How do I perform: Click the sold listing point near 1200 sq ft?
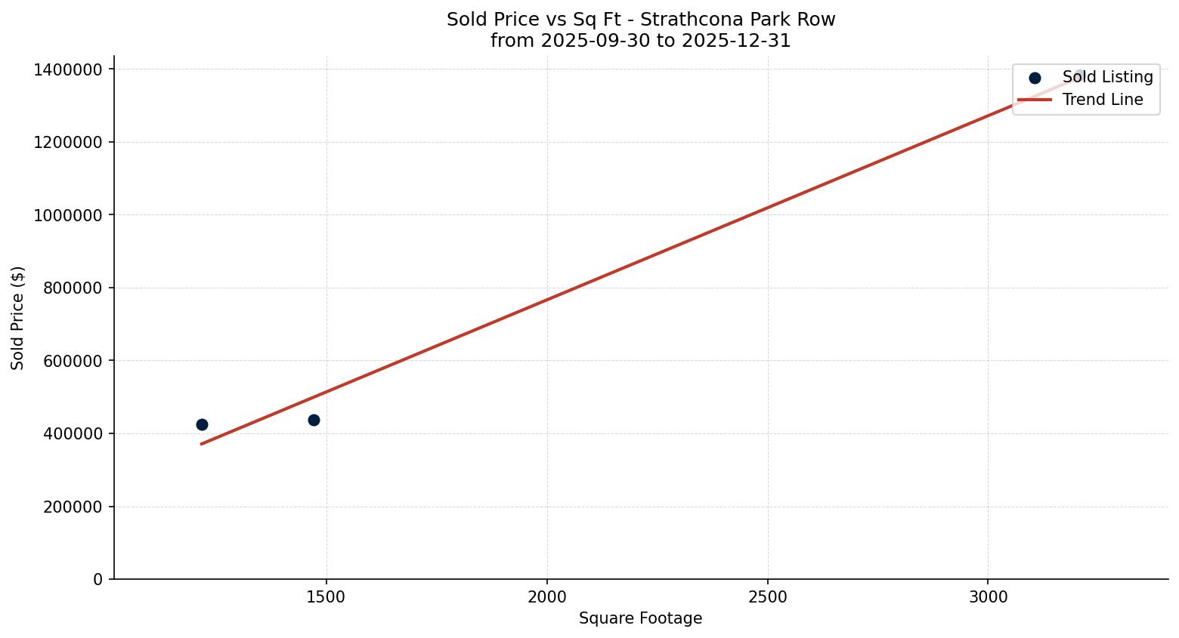202,424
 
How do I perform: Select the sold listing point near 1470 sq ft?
314,420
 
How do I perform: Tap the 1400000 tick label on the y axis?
68,69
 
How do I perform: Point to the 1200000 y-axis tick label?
68,142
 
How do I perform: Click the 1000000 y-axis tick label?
68,215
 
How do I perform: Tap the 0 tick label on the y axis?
97,579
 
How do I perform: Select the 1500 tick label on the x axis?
326,597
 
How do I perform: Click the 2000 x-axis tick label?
547,597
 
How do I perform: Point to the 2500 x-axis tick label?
768,597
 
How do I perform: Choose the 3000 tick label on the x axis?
988,597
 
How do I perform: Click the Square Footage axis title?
640,618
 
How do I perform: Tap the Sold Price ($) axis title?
18,318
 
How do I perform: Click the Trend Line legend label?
1103,100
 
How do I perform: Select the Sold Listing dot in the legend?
1035,78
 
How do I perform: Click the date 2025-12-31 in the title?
736,41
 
